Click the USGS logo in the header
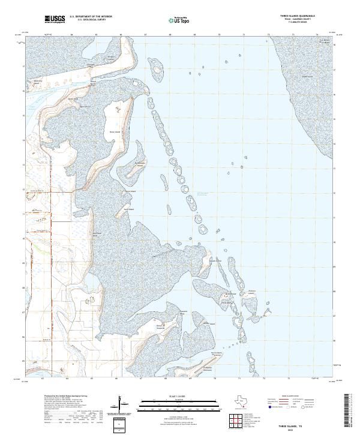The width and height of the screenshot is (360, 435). click(54, 20)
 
